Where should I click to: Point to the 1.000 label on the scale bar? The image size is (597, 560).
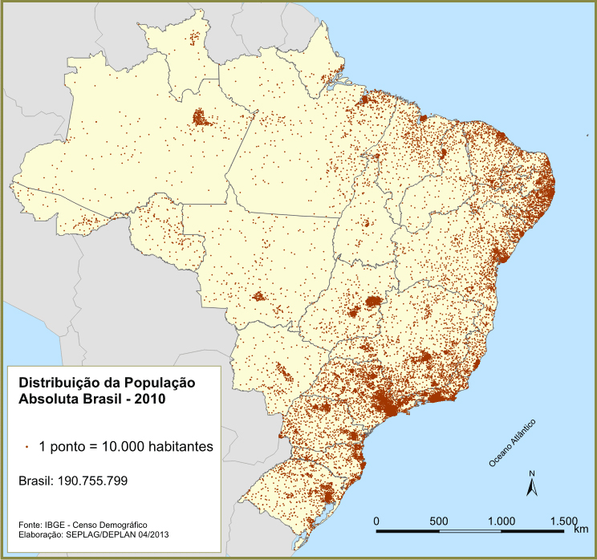[501, 521]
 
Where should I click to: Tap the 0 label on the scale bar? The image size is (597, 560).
[377, 521]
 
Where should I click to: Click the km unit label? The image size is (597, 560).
[581, 529]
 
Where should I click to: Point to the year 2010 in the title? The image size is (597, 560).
[150, 399]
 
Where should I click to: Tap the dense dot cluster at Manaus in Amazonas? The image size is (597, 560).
[200, 120]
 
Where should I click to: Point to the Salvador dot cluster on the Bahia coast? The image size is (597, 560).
[502, 255]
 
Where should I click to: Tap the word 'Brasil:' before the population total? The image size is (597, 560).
[37, 481]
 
